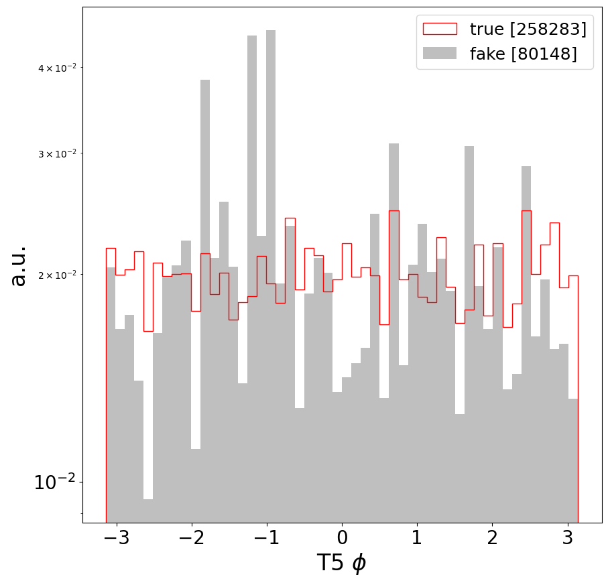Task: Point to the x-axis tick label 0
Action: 342,538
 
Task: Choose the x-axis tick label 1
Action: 417,538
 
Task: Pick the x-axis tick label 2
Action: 493,538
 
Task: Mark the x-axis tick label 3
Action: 568,538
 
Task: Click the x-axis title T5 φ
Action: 342,563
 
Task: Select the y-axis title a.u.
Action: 19,265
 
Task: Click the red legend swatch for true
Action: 439,29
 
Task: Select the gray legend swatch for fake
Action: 439,53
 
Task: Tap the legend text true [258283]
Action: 528,29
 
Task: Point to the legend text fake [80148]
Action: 523,54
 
